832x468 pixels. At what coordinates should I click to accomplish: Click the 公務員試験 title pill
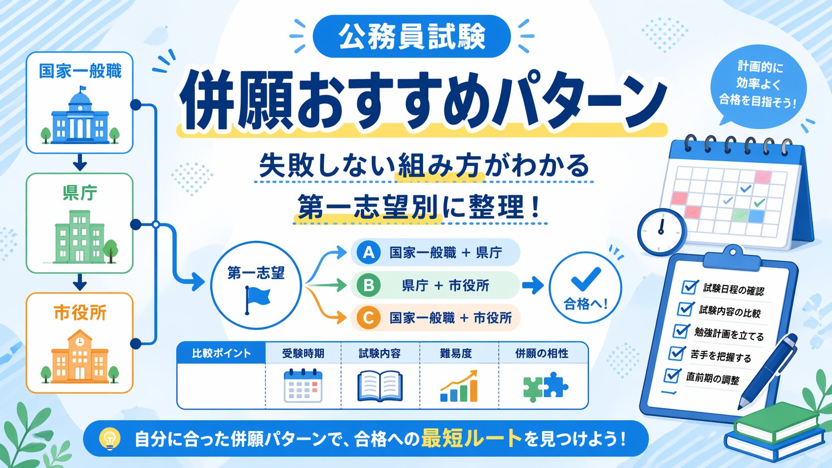point(412,36)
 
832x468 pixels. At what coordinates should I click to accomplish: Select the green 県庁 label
point(80,192)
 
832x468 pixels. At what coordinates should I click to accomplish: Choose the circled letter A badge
point(368,252)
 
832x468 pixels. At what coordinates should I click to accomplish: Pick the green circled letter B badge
point(368,285)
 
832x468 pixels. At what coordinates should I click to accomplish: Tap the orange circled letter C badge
point(368,318)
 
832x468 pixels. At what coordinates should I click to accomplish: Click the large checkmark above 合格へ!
point(586,279)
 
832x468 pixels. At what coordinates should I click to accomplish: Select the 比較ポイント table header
point(221,353)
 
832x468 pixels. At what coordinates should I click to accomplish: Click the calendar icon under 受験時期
point(303,385)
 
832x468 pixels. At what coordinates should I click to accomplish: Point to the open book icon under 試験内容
point(380,386)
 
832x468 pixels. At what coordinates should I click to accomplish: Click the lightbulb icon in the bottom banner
point(109,439)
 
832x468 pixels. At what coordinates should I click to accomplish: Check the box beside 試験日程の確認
point(689,287)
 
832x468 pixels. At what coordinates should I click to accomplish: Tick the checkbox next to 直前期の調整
point(672,375)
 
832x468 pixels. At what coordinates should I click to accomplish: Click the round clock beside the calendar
point(661,232)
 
